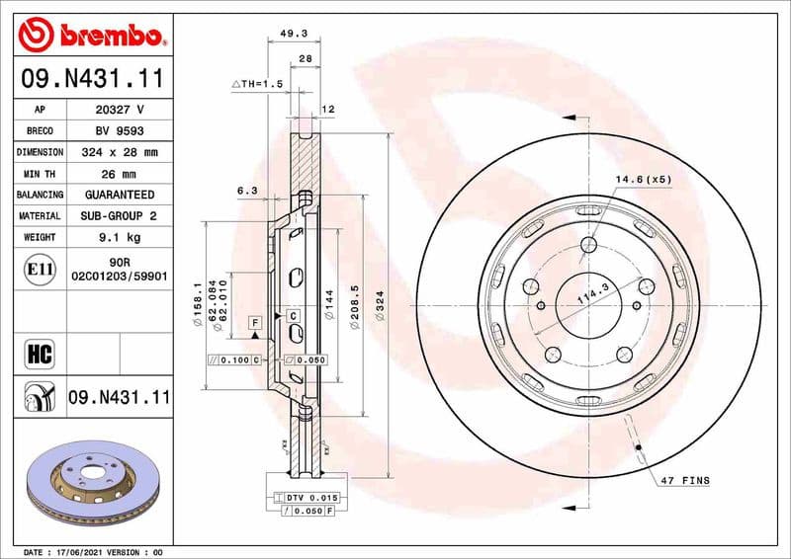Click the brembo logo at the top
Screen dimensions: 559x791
tap(91, 36)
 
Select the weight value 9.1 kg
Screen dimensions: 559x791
tap(119, 237)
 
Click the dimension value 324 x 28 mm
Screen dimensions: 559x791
tap(119, 152)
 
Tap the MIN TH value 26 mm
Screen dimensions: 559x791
tap(119, 174)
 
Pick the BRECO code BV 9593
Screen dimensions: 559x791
tap(119, 130)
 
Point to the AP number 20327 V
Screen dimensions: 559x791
tap(119, 110)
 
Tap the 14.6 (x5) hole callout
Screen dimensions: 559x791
tap(644, 179)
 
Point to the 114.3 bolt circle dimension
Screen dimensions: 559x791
tap(590, 293)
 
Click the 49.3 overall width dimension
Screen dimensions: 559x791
tap(294, 33)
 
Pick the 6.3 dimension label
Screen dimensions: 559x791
tap(247, 190)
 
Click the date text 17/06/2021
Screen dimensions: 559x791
tap(79, 551)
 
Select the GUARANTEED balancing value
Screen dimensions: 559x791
tap(119, 195)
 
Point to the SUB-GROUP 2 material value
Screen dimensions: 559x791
tap(119, 215)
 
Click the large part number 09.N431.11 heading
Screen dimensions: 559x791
tap(91, 76)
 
